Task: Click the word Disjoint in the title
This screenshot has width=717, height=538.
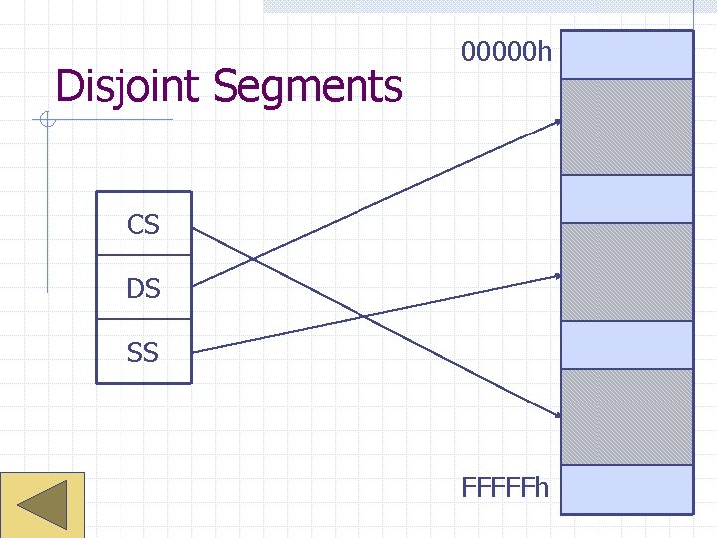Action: [129, 87]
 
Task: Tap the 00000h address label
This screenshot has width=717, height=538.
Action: [506, 51]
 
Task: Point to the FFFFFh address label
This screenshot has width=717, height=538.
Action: [506, 488]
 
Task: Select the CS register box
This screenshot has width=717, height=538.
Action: [143, 224]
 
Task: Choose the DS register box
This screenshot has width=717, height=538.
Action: [143, 288]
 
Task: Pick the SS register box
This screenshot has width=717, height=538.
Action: [143, 352]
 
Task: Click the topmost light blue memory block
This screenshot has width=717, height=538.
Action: [626, 55]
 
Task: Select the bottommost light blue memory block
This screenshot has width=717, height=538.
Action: [626, 489]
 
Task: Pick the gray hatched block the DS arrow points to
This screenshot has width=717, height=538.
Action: [626, 127]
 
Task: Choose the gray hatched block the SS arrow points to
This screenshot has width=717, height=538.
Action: [626, 271]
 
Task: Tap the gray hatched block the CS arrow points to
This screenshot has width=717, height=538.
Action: [626, 416]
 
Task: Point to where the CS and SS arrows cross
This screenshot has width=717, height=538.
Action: [364, 317]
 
